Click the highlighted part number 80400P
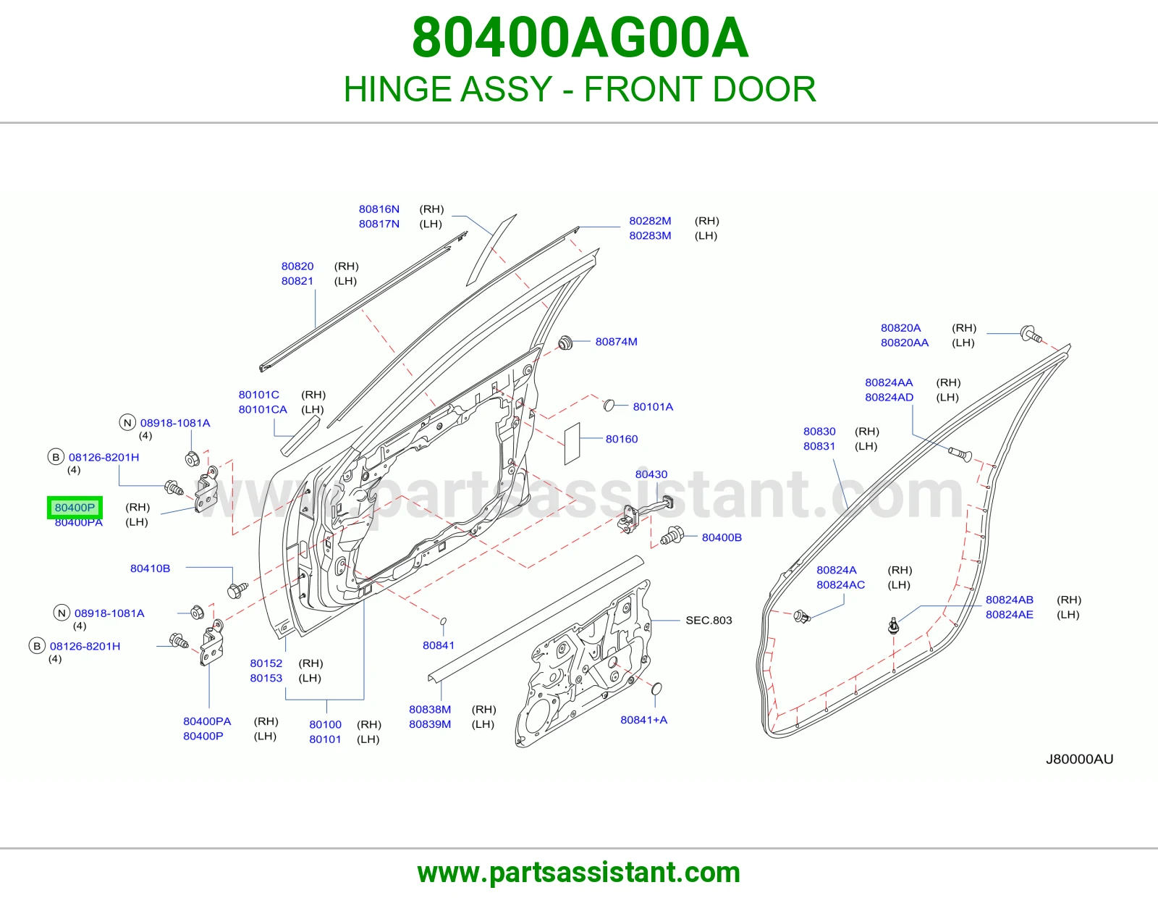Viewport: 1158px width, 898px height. (75, 507)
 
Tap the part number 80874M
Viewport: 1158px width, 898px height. (616, 341)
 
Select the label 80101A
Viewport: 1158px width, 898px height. (653, 406)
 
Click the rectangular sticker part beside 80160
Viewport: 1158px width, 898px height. (572, 444)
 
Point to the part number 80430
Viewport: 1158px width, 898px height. (651, 474)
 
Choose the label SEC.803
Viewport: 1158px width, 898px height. (709, 620)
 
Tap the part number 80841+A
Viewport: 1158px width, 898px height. (643, 719)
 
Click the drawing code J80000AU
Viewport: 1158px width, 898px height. (1079, 759)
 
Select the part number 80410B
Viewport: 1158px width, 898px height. (151, 568)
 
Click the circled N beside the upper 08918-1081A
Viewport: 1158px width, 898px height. (127, 423)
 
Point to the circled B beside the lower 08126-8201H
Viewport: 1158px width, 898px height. (37, 646)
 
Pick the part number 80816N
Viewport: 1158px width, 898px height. (379, 209)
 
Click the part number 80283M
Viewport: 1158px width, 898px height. (650, 235)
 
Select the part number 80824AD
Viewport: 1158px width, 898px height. (889, 398)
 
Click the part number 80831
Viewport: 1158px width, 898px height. (819, 446)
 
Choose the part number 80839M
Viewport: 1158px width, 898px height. (429, 724)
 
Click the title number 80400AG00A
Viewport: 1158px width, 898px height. (580, 38)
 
